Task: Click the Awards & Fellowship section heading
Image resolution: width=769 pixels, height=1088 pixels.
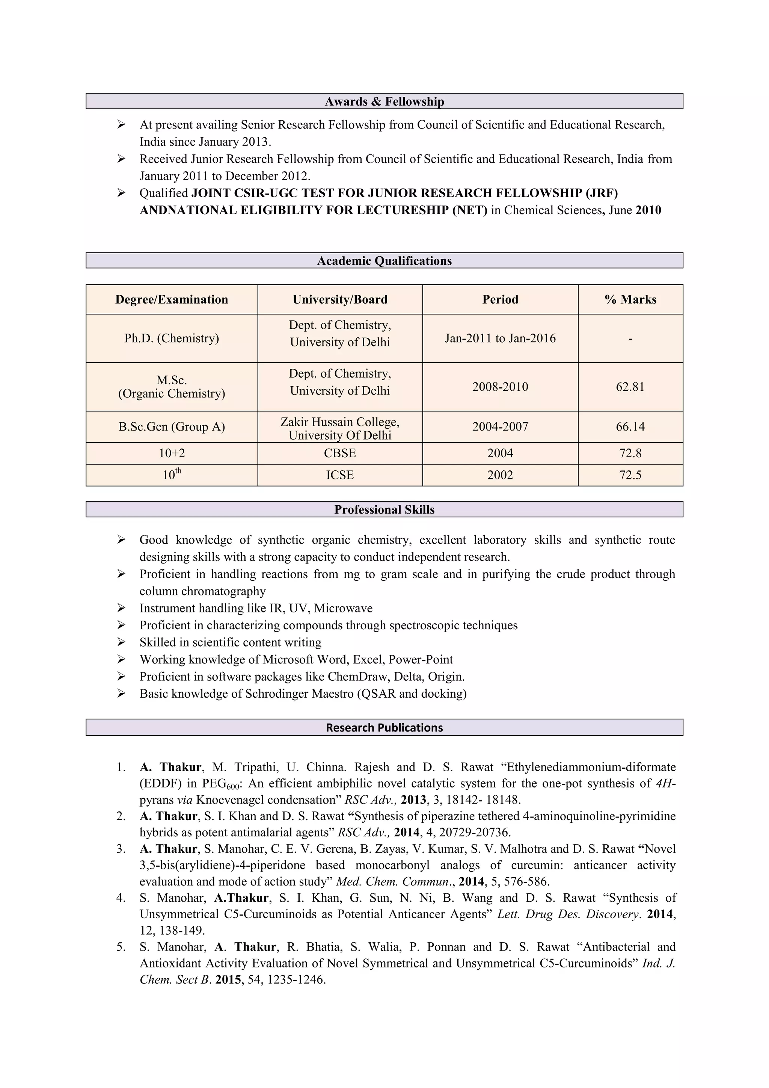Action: coord(384,101)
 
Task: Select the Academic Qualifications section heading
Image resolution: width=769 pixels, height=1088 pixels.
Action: coord(384,261)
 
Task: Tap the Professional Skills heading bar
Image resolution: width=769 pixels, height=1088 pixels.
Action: coord(384,509)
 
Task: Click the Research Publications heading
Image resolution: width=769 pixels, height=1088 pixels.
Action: coord(384,727)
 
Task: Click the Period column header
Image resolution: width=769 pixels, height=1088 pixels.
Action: coord(500,299)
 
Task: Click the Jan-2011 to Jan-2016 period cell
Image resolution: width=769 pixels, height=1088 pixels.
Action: coord(500,338)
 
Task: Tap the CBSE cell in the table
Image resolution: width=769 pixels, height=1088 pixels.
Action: coord(339,453)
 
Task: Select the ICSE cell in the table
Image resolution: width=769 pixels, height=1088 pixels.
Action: coord(339,475)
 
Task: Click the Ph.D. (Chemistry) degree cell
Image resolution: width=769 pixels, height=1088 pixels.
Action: coord(172,338)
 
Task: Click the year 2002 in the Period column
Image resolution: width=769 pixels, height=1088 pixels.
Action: coord(500,475)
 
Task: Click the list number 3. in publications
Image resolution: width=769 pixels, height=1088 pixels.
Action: coord(121,849)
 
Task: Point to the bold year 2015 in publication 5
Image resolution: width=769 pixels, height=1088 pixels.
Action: coord(228,979)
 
